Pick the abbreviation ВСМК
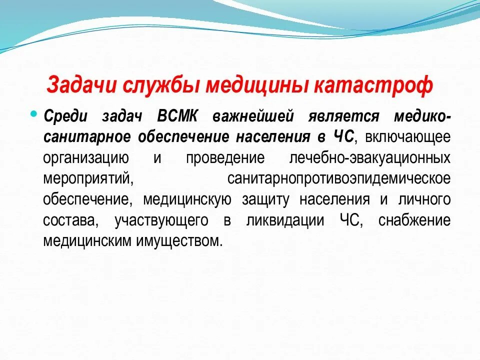pyautogui.click(x=177, y=116)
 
